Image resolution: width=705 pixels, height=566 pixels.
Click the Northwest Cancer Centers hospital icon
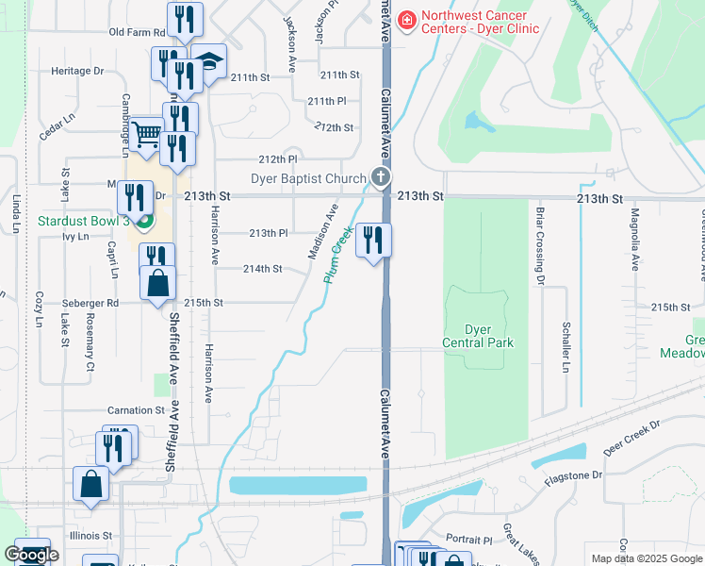coord(407,19)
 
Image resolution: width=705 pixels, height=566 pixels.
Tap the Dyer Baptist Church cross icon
coord(380,177)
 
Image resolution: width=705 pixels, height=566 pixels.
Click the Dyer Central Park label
coord(478,336)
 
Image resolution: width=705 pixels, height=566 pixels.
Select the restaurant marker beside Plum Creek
coord(373,241)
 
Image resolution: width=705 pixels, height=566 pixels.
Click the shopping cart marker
coord(147,135)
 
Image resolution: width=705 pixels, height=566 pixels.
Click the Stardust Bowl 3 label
coord(83,222)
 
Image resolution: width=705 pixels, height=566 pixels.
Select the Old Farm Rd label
coord(137,32)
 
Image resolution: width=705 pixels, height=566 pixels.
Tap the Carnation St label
coord(136,410)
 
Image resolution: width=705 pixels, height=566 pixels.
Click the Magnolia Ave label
coord(635,240)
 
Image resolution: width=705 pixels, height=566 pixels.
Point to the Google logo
coord(31,555)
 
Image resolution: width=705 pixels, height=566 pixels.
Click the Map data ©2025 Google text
coord(646,558)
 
